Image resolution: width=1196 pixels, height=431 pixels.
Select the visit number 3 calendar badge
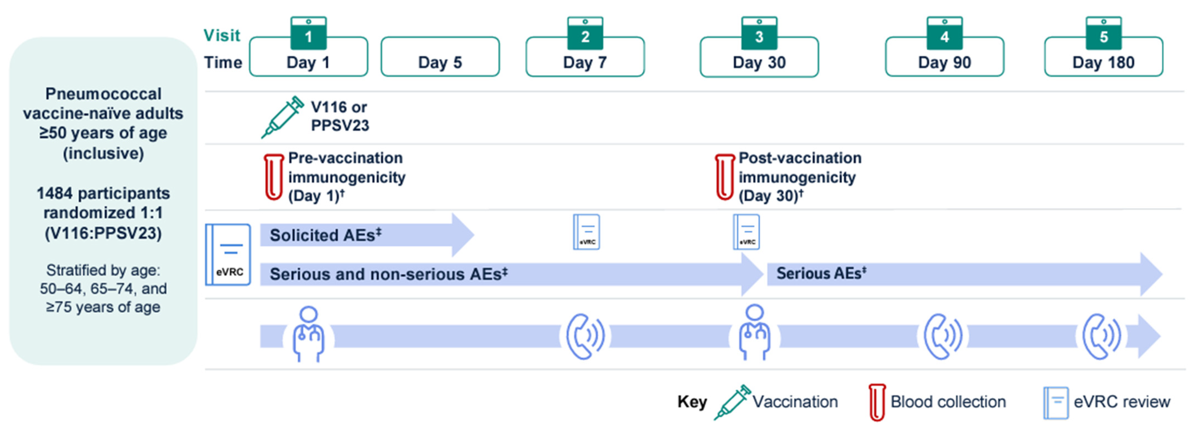[x=759, y=33]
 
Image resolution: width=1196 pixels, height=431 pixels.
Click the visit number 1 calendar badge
[x=308, y=33]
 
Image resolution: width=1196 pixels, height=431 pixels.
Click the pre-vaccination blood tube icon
[x=274, y=177]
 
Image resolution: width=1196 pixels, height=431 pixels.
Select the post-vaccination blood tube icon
[x=724, y=177]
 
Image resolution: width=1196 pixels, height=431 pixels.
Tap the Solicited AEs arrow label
[x=325, y=235]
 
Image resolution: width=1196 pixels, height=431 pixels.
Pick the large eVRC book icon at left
[x=228, y=254]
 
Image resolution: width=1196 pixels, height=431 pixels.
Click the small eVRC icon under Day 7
[x=586, y=232]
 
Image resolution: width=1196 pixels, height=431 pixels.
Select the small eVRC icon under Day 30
[x=746, y=232]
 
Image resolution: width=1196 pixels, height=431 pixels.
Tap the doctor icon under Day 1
[x=308, y=334]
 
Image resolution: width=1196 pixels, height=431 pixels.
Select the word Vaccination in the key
[x=795, y=402]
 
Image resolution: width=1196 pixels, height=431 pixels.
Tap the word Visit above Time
[x=222, y=35]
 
